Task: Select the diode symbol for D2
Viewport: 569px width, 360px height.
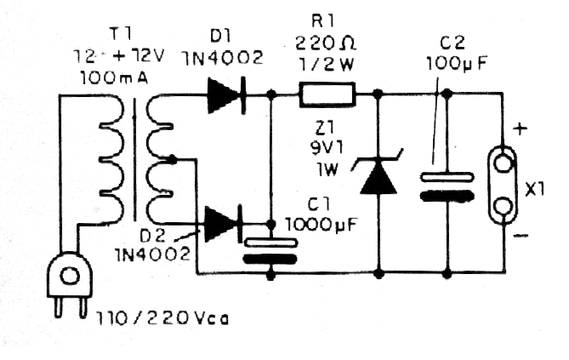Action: pos(224,224)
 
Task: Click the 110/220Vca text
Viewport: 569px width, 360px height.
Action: pos(162,319)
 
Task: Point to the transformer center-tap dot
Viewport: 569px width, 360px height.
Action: pos(173,158)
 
